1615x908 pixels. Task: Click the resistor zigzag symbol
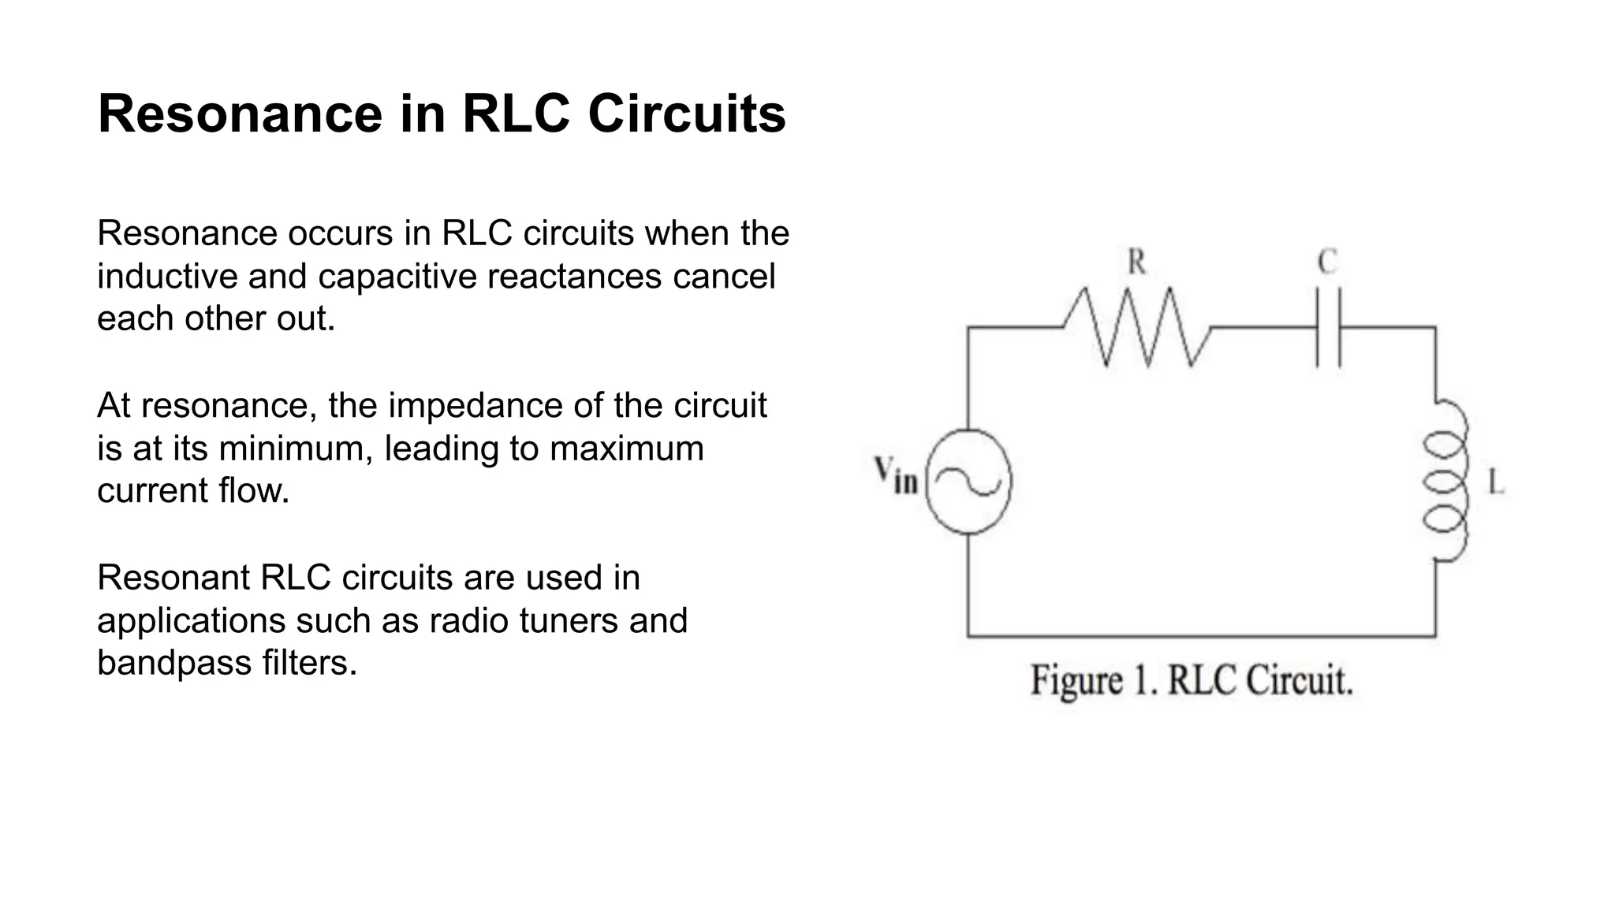point(1136,327)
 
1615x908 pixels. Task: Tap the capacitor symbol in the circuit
point(1328,327)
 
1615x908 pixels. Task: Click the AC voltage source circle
point(968,482)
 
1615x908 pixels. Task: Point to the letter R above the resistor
point(1136,262)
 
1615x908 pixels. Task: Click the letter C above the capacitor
point(1328,262)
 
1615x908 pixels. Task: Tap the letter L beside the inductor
point(1495,482)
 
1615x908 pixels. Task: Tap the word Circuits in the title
point(686,114)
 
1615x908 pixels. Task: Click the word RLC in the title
point(516,114)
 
